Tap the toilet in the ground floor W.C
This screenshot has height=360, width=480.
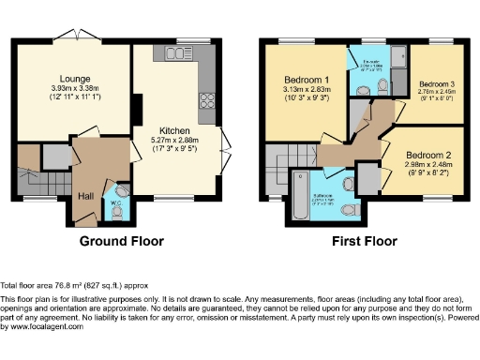pyautogui.click(x=116, y=214)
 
